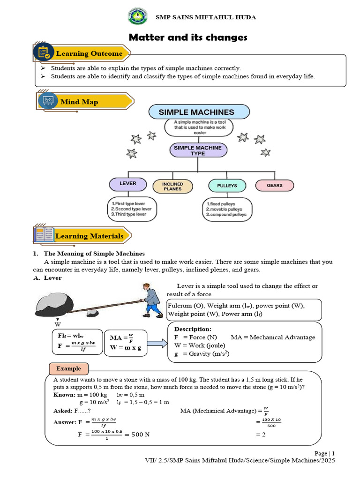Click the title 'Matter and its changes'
(x=187, y=37)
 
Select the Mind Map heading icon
(x=47, y=101)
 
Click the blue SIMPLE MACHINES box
(x=196, y=112)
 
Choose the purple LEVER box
(x=128, y=184)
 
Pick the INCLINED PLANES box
(x=172, y=186)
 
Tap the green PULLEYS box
(x=227, y=186)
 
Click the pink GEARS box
(x=274, y=185)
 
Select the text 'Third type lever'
(x=128, y=214)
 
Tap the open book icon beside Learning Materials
(x=44, y=235)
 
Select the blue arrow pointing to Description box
(x=156, y=343)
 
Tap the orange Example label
(x=68, y=368)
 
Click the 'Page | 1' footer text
(x=324, y=453)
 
